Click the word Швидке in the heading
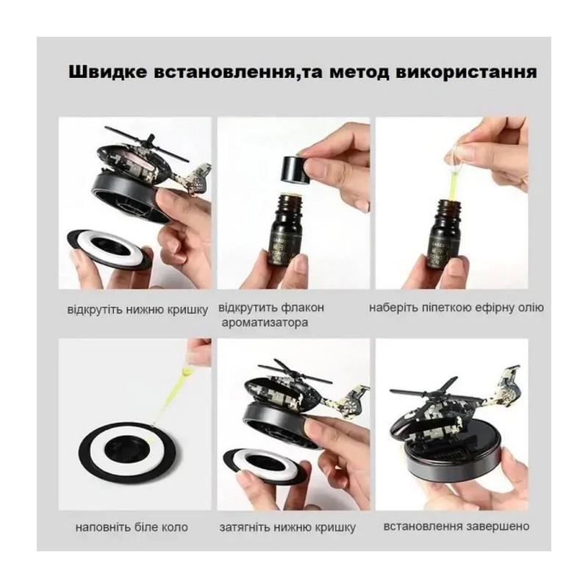(x=107, y=72)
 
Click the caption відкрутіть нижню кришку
(x=137, y=309)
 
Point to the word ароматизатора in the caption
(x=265, y=323)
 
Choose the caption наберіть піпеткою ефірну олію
(x=456, y=308)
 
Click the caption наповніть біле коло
(x=132, y=527)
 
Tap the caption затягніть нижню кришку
(x=287, y=527)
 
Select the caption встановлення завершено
(x=456, y=526)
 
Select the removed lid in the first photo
(x=110, y=250)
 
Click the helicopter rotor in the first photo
(x=146, y=143)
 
